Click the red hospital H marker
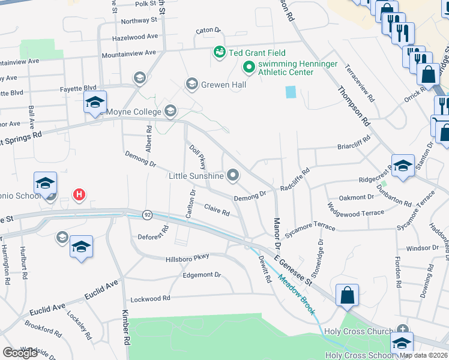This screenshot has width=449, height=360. pos(79,194)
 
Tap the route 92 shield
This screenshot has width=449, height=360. pos(146,214)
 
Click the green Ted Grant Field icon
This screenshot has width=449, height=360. pos(219,52)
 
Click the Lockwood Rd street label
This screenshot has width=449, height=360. pos(150,298)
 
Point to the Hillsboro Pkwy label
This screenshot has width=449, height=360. pos(187,257)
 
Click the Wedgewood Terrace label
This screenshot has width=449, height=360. pos(355,213)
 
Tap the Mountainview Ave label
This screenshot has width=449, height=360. pos(129,53)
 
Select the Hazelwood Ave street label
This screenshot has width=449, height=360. pos(134,37)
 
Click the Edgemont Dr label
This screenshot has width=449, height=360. pos(202,275)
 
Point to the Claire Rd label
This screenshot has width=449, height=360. pos(217,211)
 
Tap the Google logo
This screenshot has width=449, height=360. pos(20,353)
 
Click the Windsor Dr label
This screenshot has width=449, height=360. pos(423,248)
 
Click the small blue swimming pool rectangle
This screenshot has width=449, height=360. pos(291,92)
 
